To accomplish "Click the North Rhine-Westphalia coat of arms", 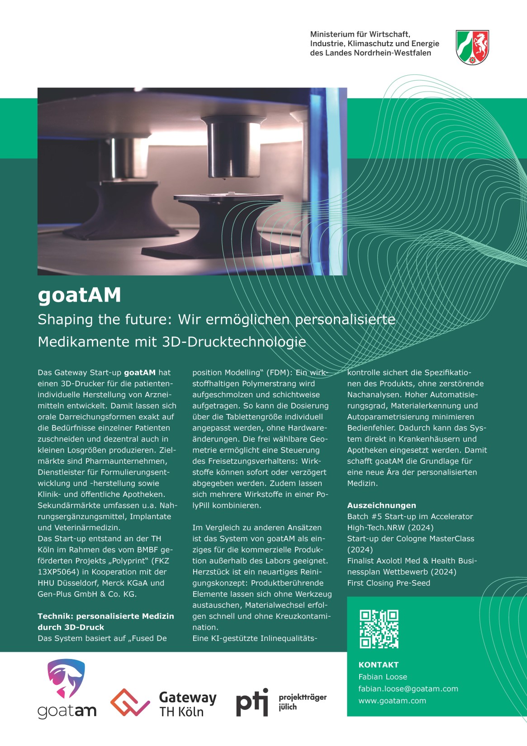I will (x=472, y=47).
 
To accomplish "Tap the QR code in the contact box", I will (x=379, y=629).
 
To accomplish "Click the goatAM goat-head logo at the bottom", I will (x=66, y=678).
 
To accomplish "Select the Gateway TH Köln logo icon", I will (x=130, y=703).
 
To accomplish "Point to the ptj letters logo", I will (x=252, y=703).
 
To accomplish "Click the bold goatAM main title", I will (x=80, y=295).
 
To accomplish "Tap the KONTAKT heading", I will (x=378, y=665).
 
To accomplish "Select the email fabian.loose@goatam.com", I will (x=408, y=689).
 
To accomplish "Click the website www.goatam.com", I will (x=392, y=701).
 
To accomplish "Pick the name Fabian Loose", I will (x=383, y=677).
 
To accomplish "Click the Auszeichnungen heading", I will (x=381, y=505).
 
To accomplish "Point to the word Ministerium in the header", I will (x=332, y=34).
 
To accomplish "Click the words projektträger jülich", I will (x=302, y=702).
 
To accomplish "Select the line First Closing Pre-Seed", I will (x=389, y=583).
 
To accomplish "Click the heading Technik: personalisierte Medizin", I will (x=106, y=616).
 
